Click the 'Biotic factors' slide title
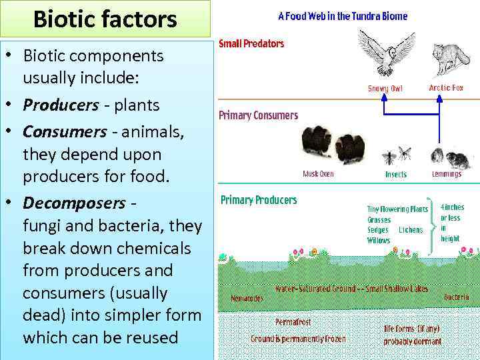pyautogui.click(x=105, y=19)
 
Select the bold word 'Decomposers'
pyautogui.click(x=74, y=202)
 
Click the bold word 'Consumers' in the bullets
pyautogui.click(x=64, y=132)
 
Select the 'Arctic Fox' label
pyautogui.click(x=446, y=88)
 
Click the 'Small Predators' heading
pyautogui.click(x=252, y=44)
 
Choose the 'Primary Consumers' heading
pyautogui.click(x=259, y=115)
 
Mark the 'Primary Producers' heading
pyautogui.click(x=259, y=200)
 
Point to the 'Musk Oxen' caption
pyautogui.click(x=319, y=174)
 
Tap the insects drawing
pyautogui.click(x=397, y=156)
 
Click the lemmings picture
pyautogui.click(x=445, y=157)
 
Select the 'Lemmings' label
pyautogui.click(x=446, y=174)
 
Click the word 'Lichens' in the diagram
pyautogui.click(x=411, y=230)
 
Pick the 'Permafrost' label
pyautogui.click(x=293, y=323)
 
